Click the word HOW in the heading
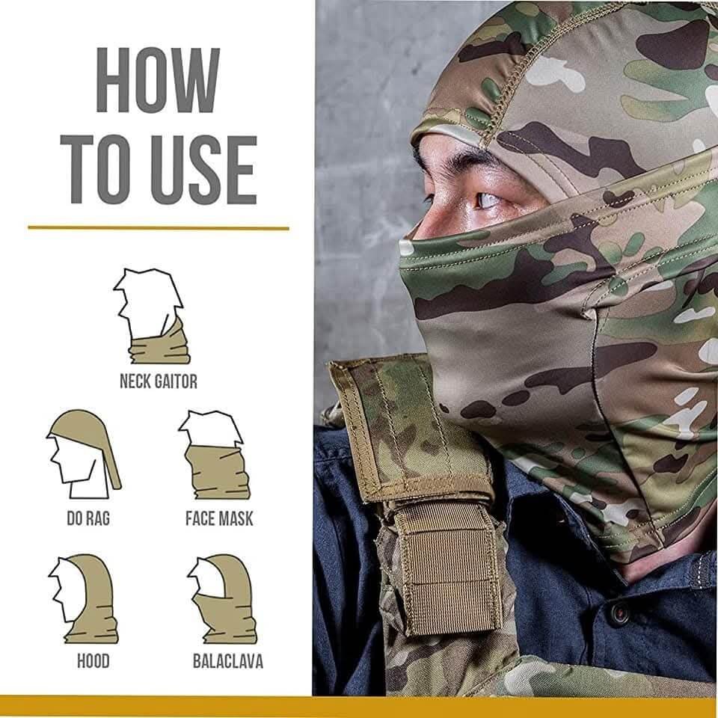[x=158, y=80]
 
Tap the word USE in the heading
[x=203, y=170]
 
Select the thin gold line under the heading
[x=159, y=227]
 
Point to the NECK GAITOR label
[x=159, y=381]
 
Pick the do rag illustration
[x=84, y=454]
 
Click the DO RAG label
[x=88, y=518]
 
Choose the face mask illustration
[x=215, y=455]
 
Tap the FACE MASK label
[x=219, y=518]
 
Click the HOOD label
[x=93, y=661]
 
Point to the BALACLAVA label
[x=228, y=661]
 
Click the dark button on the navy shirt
[x=620, y=613]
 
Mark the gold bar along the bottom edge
[x=359, y=707]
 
